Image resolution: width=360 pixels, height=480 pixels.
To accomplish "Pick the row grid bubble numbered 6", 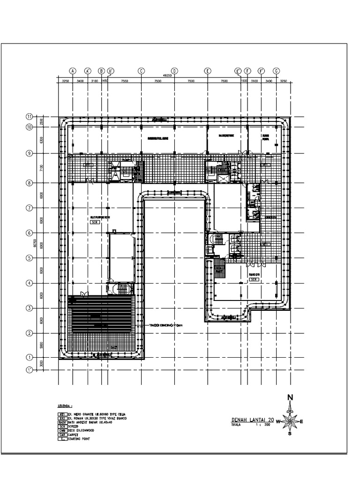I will pos(29,233).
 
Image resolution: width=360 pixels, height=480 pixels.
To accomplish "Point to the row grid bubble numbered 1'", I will pos(29,369).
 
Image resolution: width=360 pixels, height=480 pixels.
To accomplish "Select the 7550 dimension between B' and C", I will pos(125,81).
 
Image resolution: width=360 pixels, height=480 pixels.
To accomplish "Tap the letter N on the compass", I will pos(290,398).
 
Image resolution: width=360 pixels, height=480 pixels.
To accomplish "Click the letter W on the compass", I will pos(278,421).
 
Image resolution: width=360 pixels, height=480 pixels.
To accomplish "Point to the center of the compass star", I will pos(290,421).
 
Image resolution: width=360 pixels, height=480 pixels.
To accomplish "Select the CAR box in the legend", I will pos(61,435).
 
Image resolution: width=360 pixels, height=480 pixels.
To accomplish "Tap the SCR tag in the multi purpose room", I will pos(94,223).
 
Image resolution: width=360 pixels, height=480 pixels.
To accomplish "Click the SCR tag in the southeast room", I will pos(254,279).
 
